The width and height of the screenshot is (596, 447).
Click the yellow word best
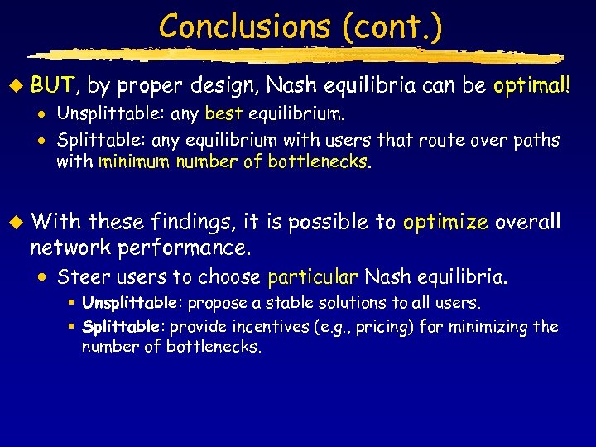click(223, 113)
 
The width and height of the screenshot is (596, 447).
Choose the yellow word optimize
click(446, 223)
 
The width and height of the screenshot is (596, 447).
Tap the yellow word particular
click(312, 276)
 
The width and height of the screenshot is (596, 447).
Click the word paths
click(539, 140)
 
